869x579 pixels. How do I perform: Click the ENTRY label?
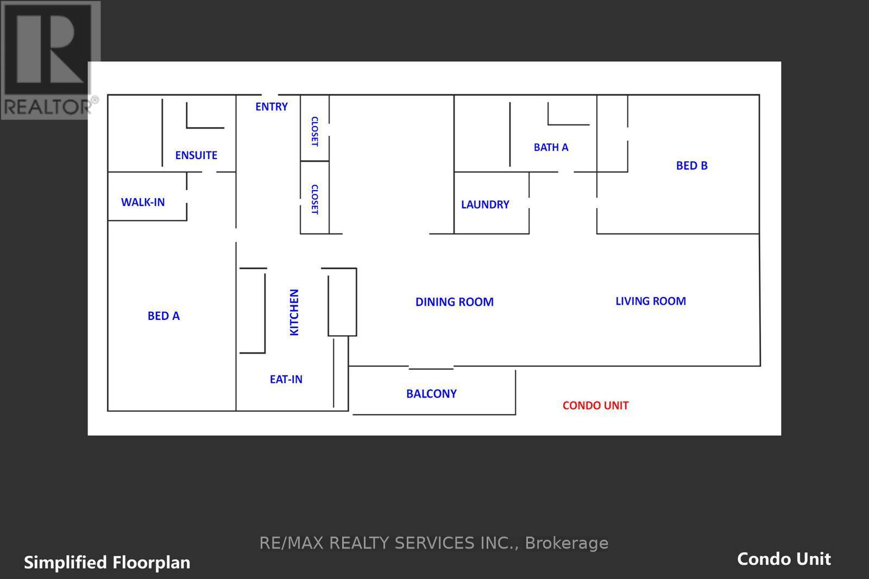pos(272,106)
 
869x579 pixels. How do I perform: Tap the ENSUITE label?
pos(196,155)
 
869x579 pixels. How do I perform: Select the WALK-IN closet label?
pos(143,202)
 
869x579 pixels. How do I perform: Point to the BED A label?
pos(163,316)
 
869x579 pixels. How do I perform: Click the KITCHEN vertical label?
pos(294,312)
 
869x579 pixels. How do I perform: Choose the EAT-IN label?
pos(286,379)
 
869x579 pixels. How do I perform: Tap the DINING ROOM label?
pos(455,302)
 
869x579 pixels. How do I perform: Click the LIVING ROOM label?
pos(651,301)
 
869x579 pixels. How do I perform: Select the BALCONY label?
pos(431,393)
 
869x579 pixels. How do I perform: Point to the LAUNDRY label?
pos(485,205)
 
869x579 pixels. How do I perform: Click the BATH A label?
pos(551,147)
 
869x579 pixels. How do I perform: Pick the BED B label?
pos(691,166)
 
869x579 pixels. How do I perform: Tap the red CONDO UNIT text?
pos(595,405)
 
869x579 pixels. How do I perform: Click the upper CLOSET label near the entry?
pos(314,131)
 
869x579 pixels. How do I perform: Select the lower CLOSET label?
pos(314,199)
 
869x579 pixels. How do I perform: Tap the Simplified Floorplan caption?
pos(107,562)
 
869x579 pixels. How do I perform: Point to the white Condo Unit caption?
pos(784,559)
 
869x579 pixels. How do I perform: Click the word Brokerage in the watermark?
pos(566,543)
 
